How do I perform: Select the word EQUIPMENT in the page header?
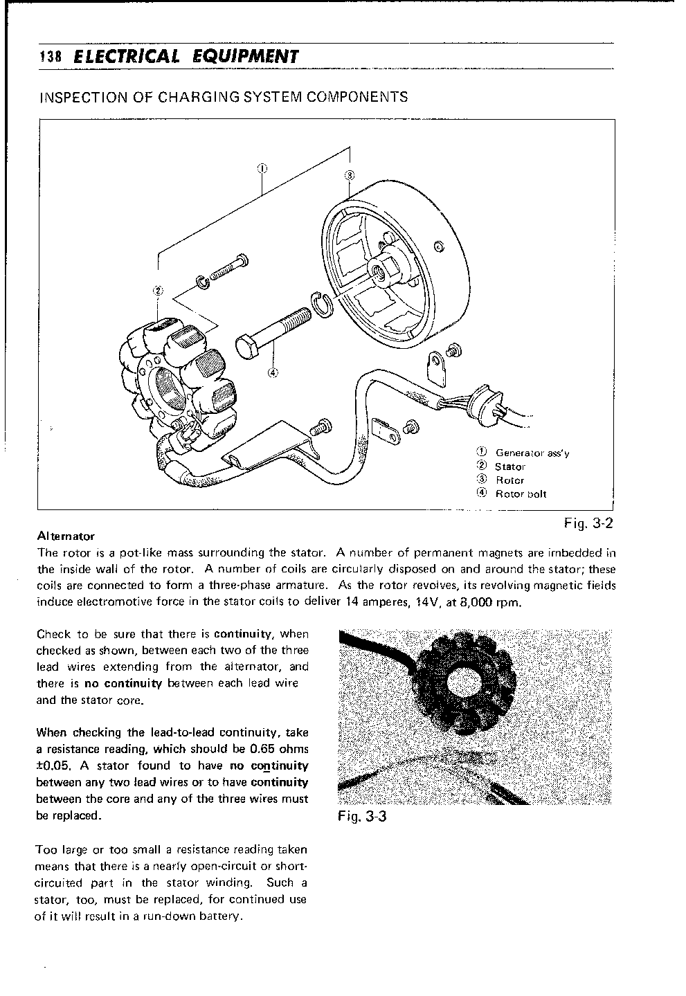[244, 57]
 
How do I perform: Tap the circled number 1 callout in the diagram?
[262, 167]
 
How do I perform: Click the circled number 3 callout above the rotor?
[350, 174]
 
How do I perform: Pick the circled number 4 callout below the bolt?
[273, 372]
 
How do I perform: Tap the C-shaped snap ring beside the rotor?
[323, 305]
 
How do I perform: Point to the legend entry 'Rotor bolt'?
[521, 494]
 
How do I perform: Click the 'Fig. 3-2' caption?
[588, 523]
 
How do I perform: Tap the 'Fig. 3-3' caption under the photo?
[362, 816]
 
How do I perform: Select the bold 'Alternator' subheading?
[66, 536]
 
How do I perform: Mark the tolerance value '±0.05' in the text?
[53, 766]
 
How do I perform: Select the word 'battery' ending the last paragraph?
[219, 916]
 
